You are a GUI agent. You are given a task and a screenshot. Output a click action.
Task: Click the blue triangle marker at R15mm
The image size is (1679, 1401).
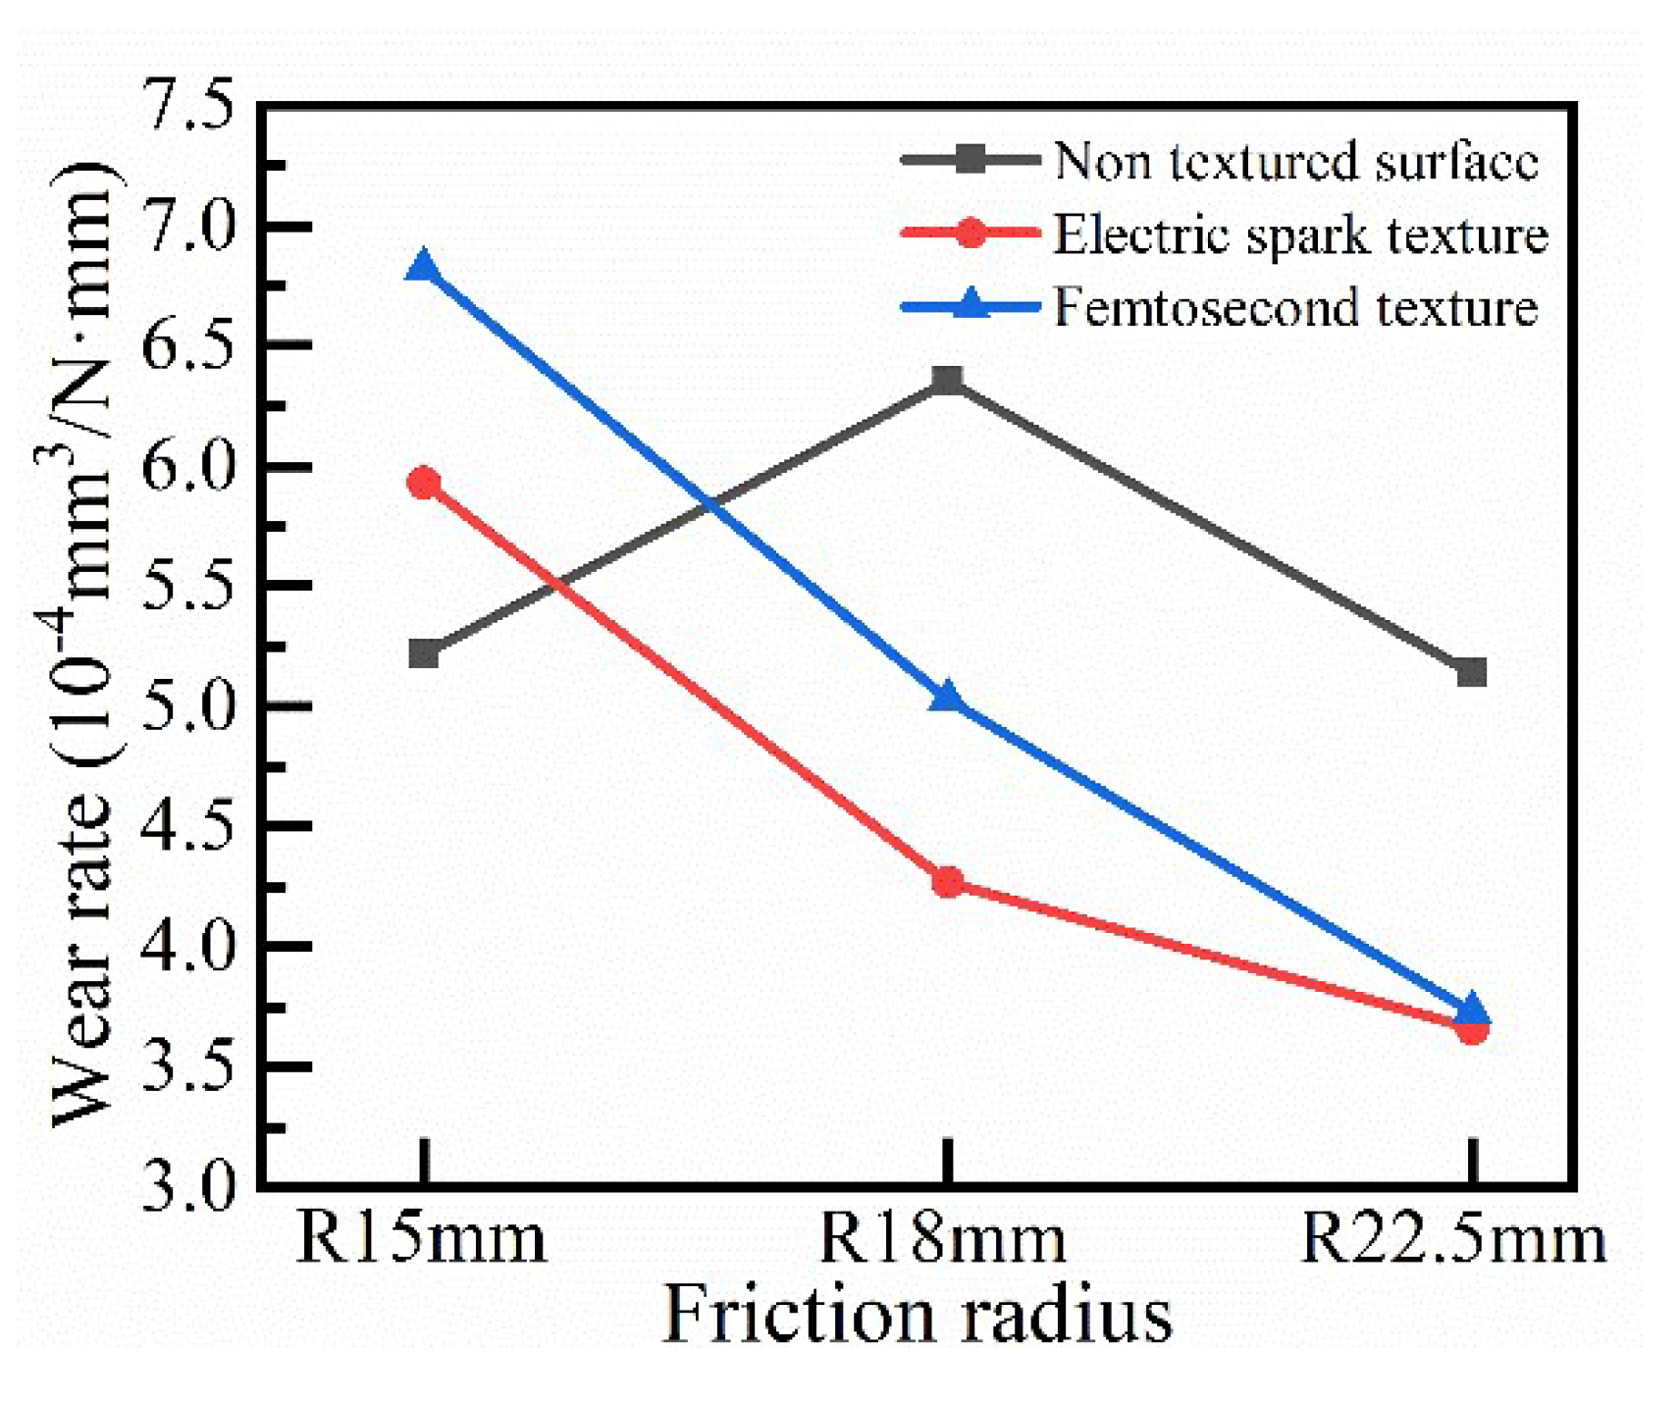[423, 266]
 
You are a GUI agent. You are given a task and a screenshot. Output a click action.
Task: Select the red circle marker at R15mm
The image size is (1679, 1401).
[423, 483]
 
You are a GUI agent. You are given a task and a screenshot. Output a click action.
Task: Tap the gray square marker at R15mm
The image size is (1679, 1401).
[423, 653]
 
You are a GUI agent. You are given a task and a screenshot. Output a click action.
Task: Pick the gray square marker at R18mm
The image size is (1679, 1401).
[947, 380]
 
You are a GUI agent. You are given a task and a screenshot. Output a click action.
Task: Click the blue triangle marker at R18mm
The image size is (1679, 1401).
[947, 698]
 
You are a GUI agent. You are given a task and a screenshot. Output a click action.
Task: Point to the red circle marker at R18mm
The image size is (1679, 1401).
[947, 882]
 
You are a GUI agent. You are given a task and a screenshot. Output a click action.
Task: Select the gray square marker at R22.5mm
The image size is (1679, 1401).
[1471, 672]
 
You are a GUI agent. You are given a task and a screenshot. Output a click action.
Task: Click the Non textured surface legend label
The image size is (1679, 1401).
[1295, 160]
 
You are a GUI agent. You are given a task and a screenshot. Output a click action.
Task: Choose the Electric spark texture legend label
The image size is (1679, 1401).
[1300, 234]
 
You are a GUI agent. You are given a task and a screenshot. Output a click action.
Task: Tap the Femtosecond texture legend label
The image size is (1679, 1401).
[1295, 308]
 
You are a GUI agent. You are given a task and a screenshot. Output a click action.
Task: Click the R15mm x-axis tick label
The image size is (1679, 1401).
[420, 1238]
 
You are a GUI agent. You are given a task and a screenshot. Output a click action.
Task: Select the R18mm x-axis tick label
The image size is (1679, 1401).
[942, 1238]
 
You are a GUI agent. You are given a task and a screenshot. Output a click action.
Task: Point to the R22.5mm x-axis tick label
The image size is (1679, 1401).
[1453, 1238]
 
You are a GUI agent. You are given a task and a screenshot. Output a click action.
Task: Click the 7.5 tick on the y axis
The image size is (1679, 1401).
[190, 106]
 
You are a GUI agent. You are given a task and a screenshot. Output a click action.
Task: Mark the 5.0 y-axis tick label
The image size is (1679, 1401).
[190, 705]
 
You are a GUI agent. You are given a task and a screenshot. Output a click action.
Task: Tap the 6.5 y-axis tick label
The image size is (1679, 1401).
[190, 345]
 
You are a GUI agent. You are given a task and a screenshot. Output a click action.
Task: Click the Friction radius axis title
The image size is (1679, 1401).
[918, 1315]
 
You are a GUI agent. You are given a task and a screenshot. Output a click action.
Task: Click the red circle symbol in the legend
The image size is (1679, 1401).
[971, 233]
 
